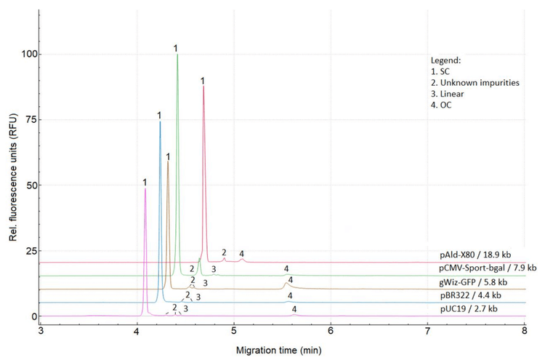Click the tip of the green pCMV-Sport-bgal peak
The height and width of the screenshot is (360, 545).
(x=177, y=55)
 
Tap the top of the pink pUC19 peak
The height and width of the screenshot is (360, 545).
(x=145, y=188)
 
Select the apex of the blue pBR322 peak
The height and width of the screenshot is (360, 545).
(x=160, y=121)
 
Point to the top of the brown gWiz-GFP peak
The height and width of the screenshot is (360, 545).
(x=168, y=162)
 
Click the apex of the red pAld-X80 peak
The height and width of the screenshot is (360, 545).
(x=203, y=87)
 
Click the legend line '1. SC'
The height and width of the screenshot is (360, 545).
(x=439, y=71)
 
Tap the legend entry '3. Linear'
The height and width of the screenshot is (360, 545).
(x=446, y=95)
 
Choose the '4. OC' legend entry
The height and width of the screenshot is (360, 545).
(x=439, y=106)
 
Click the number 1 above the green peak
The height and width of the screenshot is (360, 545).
(x=176, y=47)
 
